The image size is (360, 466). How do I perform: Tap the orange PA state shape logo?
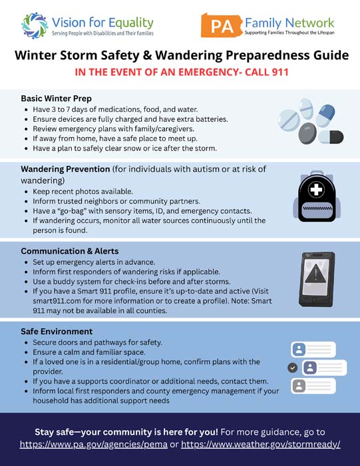(220, 25)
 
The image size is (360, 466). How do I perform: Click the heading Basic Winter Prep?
(56, 98)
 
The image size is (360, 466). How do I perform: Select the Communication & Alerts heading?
(70, 251)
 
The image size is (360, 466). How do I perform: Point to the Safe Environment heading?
(57, 331)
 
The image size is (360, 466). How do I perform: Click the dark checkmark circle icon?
(292, 367)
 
